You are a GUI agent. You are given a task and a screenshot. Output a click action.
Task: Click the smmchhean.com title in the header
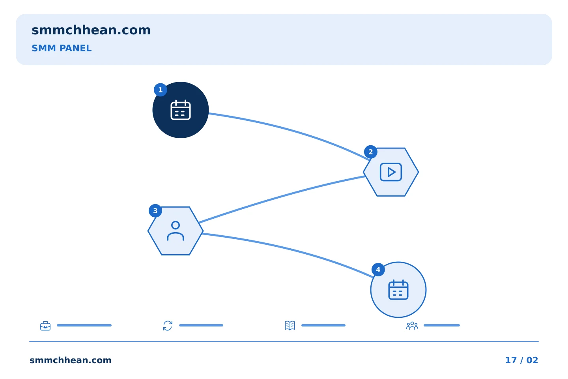[x=91, y=30]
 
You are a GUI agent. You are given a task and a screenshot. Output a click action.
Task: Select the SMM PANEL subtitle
[x=62, y=48]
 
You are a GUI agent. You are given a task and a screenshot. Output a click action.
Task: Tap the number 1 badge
[x=160, y=90]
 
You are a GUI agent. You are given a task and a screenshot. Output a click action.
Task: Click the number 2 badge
[x=370, y=152]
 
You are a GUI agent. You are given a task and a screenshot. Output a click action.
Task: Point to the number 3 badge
[x=155, y=211]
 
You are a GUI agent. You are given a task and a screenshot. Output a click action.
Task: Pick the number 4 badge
[x=378, y=270]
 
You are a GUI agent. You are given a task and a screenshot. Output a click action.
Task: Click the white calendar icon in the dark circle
[x=181, y=110]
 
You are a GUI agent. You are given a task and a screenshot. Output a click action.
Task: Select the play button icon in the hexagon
[x=391, y=172]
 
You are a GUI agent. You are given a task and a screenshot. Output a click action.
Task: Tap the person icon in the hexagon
[x=176, y=231]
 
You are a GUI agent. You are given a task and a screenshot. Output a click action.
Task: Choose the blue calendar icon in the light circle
[x=398, y=290]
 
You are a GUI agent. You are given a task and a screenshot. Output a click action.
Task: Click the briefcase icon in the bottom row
[x=45, y=326]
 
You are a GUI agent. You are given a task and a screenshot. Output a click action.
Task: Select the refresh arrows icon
[x=168, y=326]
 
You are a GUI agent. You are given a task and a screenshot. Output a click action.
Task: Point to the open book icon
[x=290, y=325]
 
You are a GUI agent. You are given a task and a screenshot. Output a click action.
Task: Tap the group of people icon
[x=412, y=326]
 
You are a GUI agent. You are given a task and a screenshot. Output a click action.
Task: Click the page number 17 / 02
[x=521, y=360]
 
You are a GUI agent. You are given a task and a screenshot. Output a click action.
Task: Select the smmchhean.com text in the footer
[x=71, y=360]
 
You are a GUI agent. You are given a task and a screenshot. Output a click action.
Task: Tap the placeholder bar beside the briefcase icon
[x=84, y=325]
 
